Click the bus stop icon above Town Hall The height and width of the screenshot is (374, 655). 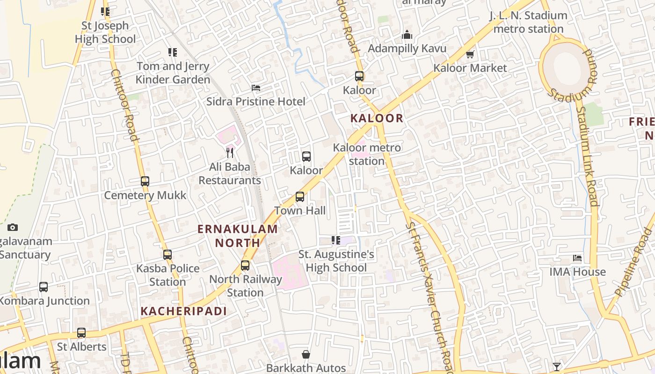click(x=300, y=197)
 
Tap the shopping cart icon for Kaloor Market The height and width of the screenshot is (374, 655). click(x=470, y=55)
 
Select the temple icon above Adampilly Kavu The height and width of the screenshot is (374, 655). click(x=407, y=35)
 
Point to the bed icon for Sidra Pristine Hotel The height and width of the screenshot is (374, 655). click(x=256, y=88)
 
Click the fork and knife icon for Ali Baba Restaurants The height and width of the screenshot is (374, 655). click(x=230, y=152)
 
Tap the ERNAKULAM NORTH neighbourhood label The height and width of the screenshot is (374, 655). click(x=238, y=236)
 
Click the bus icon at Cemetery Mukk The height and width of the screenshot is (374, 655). click(x=145, y=181)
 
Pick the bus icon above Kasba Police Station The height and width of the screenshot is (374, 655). click(x=167, y=255)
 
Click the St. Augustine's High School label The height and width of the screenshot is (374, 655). click(x=336, y=261)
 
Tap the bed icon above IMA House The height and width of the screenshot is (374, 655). click(x=577, y=258)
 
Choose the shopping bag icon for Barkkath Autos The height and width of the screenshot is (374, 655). click(x=306, y=354)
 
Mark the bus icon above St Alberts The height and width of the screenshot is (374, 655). click(x=81, y=333)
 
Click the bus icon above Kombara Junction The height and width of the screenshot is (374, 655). click(x=44, y=287)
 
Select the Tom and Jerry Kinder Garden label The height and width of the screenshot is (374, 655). click(x=173, y=73)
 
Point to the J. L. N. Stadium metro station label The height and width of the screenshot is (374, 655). click(x=529, y=22)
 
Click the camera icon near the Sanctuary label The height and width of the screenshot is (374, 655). click(x=13, y=228)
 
